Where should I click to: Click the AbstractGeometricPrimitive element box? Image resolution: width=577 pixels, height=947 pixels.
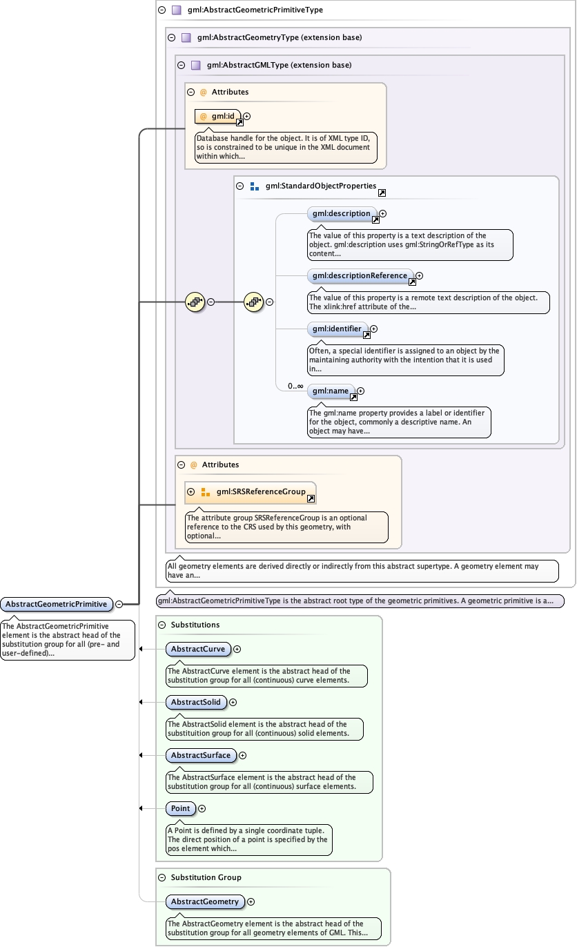[x=57, y=605]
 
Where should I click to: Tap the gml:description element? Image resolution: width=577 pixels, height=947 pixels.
[x=341, y=214]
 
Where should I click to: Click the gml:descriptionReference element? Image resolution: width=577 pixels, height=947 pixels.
[x=360, y=276]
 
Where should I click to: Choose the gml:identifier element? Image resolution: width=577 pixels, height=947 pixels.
[x=336, y=329]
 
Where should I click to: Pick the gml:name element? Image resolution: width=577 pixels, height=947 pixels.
[x=331, y=391]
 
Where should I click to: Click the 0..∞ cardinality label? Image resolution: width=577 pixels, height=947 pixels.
[x=295, y=387]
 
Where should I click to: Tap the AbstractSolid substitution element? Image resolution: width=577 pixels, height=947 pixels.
[x=196, y=703]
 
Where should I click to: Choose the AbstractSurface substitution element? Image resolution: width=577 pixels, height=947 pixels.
[x=201, y=756]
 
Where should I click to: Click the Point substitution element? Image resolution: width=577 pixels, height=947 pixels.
[x=180, y=809]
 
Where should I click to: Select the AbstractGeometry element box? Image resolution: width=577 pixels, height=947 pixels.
[x=204, y=902]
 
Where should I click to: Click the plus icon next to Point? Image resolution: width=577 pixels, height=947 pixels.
[x=202, y=809]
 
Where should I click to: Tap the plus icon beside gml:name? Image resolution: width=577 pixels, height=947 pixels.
[x=360, y=391]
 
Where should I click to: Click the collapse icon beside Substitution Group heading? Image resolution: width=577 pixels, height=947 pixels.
[x=162, y=878]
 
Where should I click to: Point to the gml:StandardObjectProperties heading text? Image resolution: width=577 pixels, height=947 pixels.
[x=320, y=186]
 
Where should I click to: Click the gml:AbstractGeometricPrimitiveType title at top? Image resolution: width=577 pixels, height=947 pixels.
[x=255, y=10]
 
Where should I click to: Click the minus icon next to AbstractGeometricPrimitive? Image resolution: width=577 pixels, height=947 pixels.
[x=119, y=605]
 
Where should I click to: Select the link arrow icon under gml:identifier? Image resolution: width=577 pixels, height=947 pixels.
[x=366, y=335]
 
